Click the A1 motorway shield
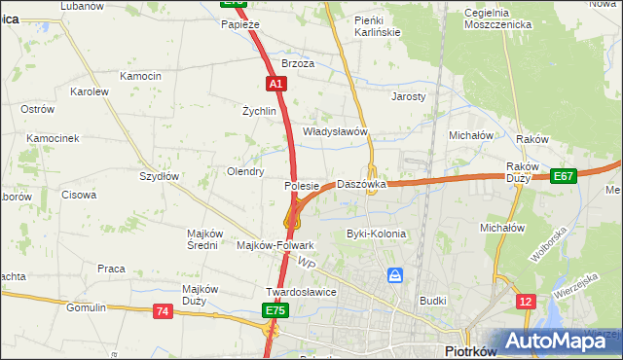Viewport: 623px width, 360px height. pyautogui.click(x=276, y=84)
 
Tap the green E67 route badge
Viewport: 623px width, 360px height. pyautogui.click(x=563, y=176)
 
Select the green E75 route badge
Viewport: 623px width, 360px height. pyautogui.click(x=274, y=310)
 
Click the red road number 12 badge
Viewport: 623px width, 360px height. pyautogui.click(x=526, y=303)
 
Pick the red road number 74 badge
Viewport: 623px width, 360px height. pyautogui.click(x=162, y=311)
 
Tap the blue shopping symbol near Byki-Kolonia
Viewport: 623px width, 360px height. pyautogui.click(x=395, y=275)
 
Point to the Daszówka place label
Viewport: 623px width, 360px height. pyautogui.click(x=361, y=184)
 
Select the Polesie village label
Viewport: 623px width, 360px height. pyautogui.click(x=302, y=185)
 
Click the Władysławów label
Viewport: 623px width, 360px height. pyautogui.click(x=334, y=131)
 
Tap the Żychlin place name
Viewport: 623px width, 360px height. pyautogui.click(x=260, y=111)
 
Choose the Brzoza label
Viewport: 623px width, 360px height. pyautogui.click(x=298, y=63)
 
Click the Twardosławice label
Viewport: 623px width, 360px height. pyautogui.click(x=301, y=292)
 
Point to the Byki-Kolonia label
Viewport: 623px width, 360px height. pyautogui.click(x=376, y=234)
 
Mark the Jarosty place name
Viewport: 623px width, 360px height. pyautogui.click(x=409, y=97)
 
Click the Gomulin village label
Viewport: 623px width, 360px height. pyautogui.click(x=86, y=307)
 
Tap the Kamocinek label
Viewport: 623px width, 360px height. pyautogui.click(x=53, y=139)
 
